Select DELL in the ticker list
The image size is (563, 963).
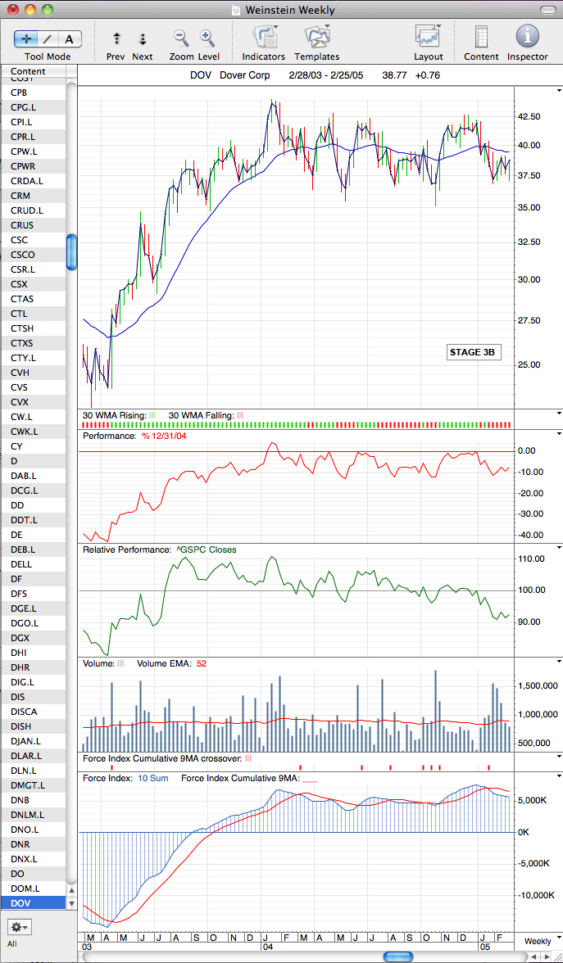click(x=21, y=564)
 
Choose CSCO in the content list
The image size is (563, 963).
click(x=23, y=255)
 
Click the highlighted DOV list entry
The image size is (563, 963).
click(x=21, y=903)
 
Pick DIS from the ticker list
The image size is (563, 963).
click(x=18, y=697)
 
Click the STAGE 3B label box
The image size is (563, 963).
click(x=471, y=352)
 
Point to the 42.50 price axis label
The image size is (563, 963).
click(x=529, y=116)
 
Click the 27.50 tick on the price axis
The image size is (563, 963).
click(x=529, y=321)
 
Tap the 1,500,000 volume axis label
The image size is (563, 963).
click(x=537, y=685)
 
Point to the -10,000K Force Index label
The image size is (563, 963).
click(x=537, y=896)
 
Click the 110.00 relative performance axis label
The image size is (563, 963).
click(x=532, y=558)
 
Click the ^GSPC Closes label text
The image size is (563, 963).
click(x=206, y=550)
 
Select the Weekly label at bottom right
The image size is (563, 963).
click(x=538, y=942)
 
